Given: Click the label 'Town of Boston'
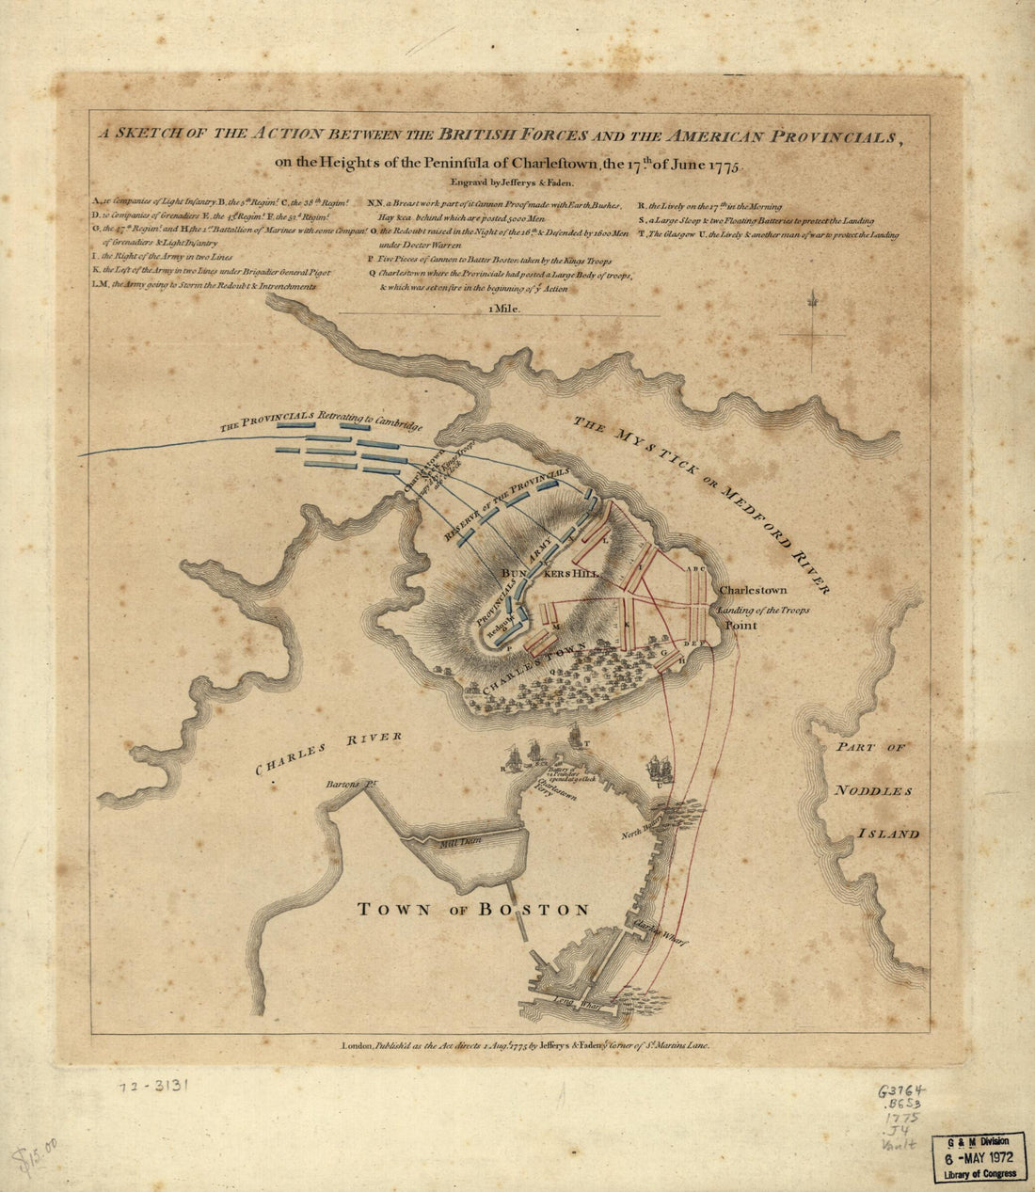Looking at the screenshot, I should (x=473, y=910).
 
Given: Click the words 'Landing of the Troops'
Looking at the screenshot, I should (x=763, y=611).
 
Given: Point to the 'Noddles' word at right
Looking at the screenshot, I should (x=873, y=790).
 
